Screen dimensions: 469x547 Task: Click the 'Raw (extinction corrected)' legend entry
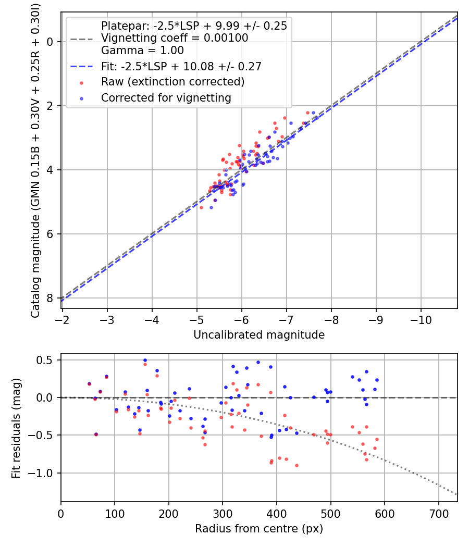[172, 82]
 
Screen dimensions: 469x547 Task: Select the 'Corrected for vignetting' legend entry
[166, 98]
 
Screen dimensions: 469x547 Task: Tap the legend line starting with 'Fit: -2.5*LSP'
[181, 66]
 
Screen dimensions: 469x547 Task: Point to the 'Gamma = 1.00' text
[142, 50]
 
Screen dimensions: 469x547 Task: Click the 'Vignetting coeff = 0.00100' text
[175, 38]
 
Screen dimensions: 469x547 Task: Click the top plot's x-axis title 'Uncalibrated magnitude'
[259, 335]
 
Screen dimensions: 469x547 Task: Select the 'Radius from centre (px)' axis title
[259, 529]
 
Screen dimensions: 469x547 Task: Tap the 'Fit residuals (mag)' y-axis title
[16, 428]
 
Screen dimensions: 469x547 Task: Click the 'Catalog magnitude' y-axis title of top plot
[35, 161]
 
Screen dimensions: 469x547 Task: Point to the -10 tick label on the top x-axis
[421, 320]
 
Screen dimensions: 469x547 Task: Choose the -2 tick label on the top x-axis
[62, 320]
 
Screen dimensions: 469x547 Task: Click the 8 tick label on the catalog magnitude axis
[50, 299]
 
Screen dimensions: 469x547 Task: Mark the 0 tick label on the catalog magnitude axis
[50, 42]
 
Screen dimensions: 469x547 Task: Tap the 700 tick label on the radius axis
[438, 514]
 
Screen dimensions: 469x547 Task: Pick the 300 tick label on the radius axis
[223, 514]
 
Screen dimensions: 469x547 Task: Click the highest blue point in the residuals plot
[145, 360]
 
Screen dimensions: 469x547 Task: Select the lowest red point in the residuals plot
[297, 465]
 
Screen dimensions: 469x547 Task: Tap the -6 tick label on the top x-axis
[241, 320]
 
